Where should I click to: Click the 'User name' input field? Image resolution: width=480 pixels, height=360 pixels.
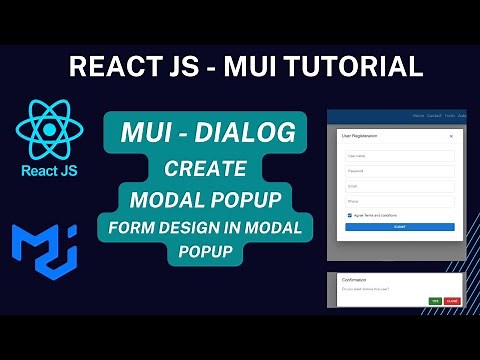click(x=400, y=155)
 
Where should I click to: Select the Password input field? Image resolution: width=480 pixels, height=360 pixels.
click(x=400, y=171)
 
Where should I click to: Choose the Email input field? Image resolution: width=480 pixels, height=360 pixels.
click(x=400, y=186)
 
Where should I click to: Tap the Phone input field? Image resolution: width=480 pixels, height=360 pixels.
click(x=400, y=202)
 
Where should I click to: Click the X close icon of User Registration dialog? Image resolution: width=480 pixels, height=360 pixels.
click(x=451, y=134)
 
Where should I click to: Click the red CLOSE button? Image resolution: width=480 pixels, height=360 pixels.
click(x=452, y=300)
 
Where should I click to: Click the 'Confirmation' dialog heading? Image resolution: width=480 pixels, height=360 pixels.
click(x=354, y=280)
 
